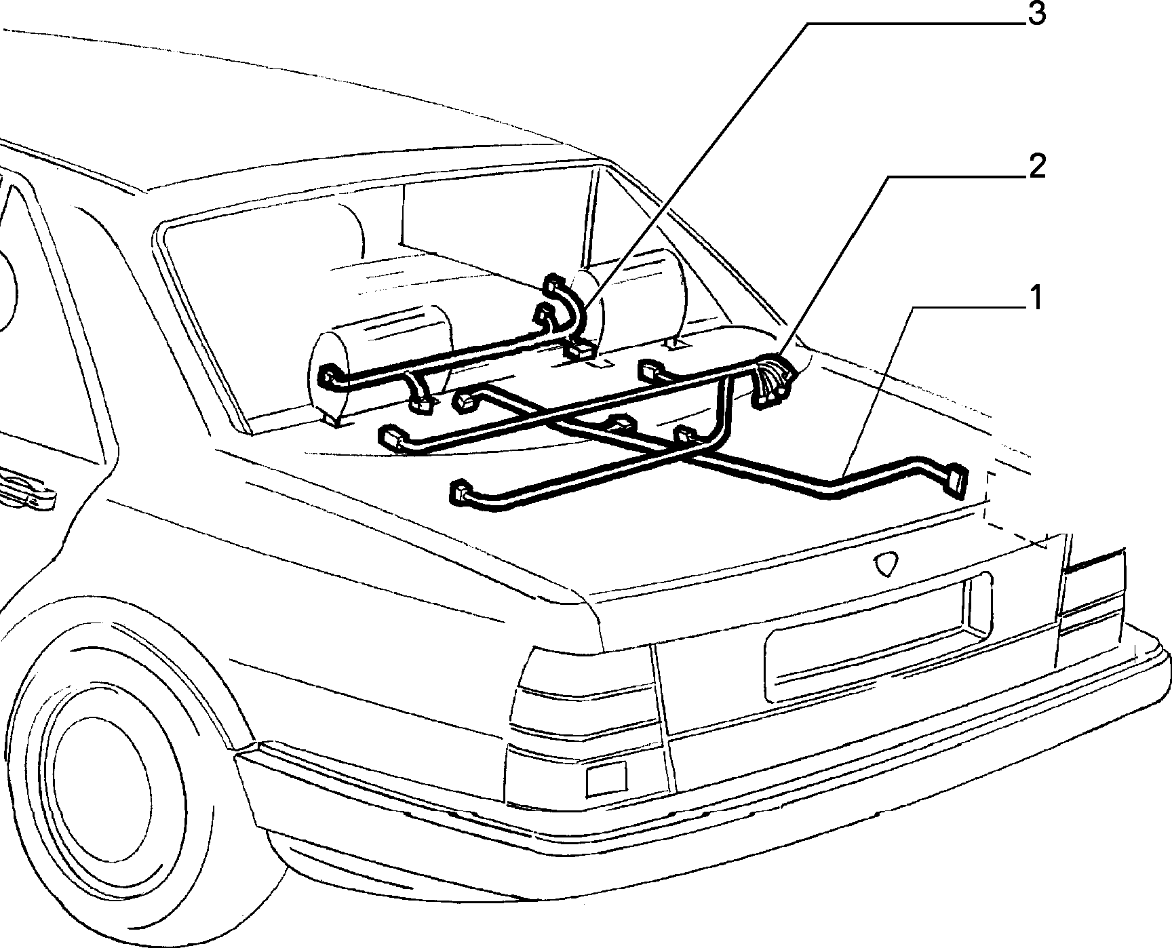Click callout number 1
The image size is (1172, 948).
pyautogui.click(x=1035, y=299)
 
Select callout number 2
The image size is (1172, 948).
pyautogui.click(x=1036, y=166)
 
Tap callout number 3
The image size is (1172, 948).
pyautogui.click(x=1036, y=14)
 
